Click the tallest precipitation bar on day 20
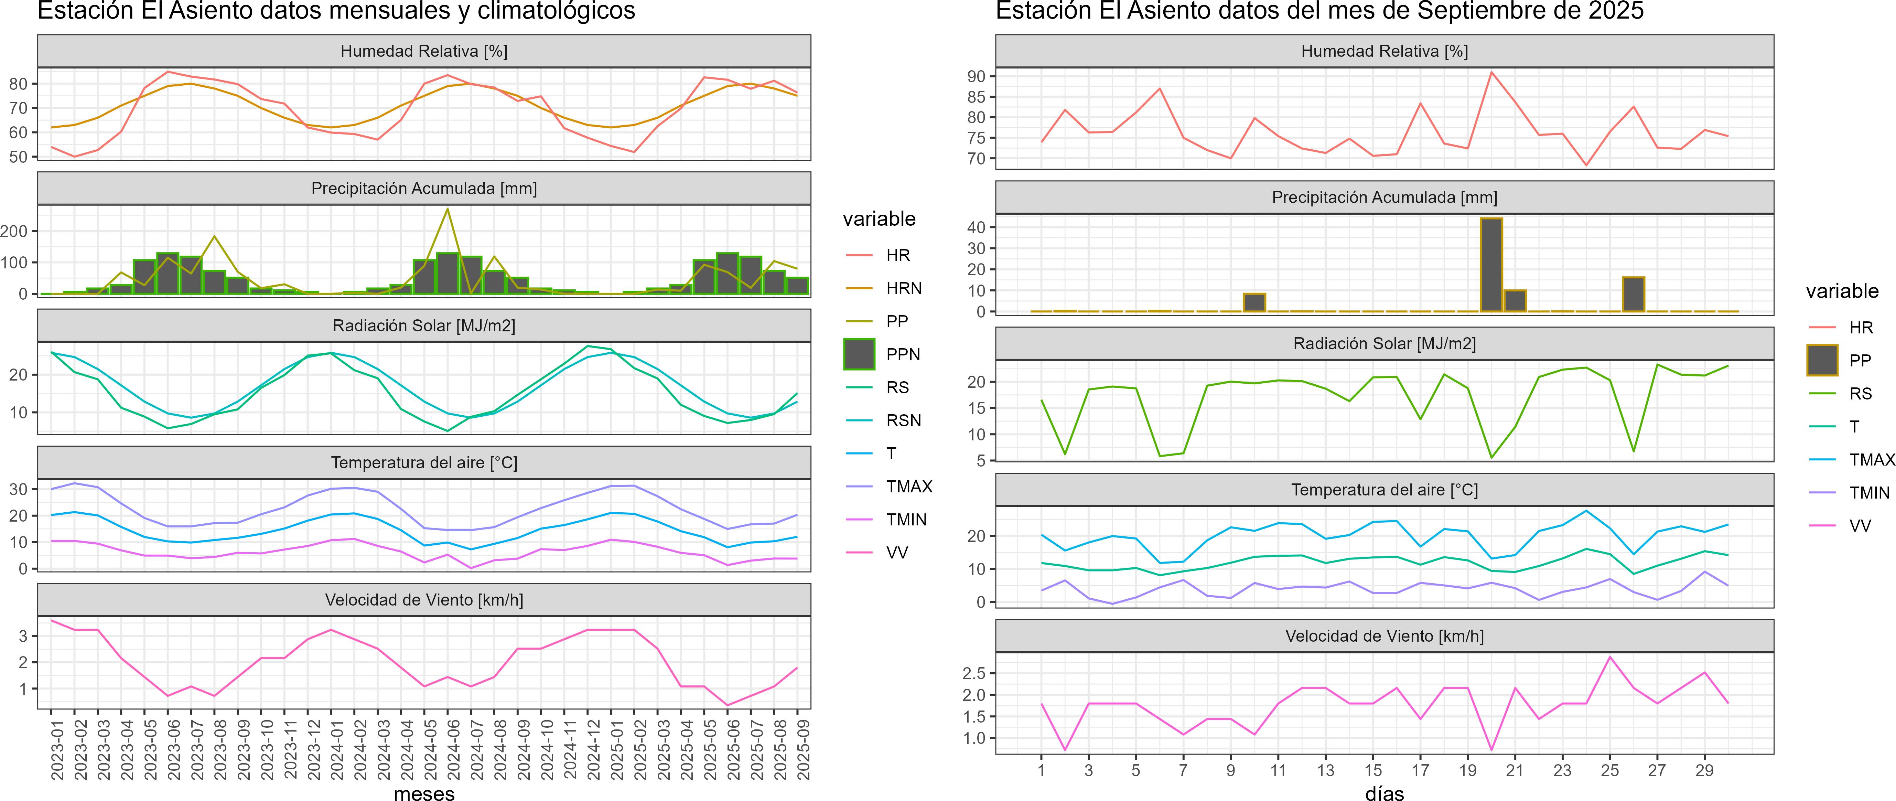(1491, 265)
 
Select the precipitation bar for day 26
(1633, 295)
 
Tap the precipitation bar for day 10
(1254, 302)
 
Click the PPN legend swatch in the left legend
(859, 354)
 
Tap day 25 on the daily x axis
(1610, 770)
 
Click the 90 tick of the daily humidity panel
(976, 77)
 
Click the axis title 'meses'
(424, 793)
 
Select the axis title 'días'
(1385, 793)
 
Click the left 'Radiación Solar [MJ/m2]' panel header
(424, 325)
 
